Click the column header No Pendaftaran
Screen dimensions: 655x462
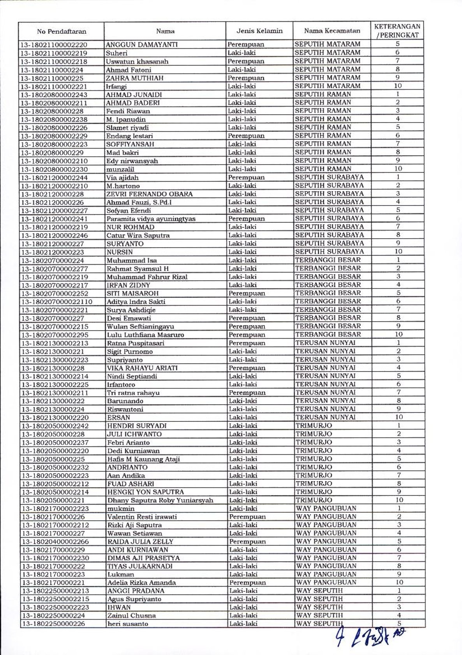62,31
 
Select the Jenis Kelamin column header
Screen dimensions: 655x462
259,31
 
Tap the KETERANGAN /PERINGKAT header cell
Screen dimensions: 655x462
397,31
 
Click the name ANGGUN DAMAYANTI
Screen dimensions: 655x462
141,44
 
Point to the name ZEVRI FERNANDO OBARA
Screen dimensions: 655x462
150,194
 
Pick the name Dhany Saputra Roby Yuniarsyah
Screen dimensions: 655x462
160,500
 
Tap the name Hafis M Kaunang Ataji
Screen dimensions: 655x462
143,459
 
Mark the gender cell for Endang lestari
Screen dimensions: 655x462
246,136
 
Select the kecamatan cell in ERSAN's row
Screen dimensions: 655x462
326,417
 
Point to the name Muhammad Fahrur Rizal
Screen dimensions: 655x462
147,277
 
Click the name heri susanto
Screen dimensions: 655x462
127,624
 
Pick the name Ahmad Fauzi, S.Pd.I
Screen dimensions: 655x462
139,202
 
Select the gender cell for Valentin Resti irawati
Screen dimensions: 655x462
247,517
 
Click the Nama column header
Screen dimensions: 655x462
165,31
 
